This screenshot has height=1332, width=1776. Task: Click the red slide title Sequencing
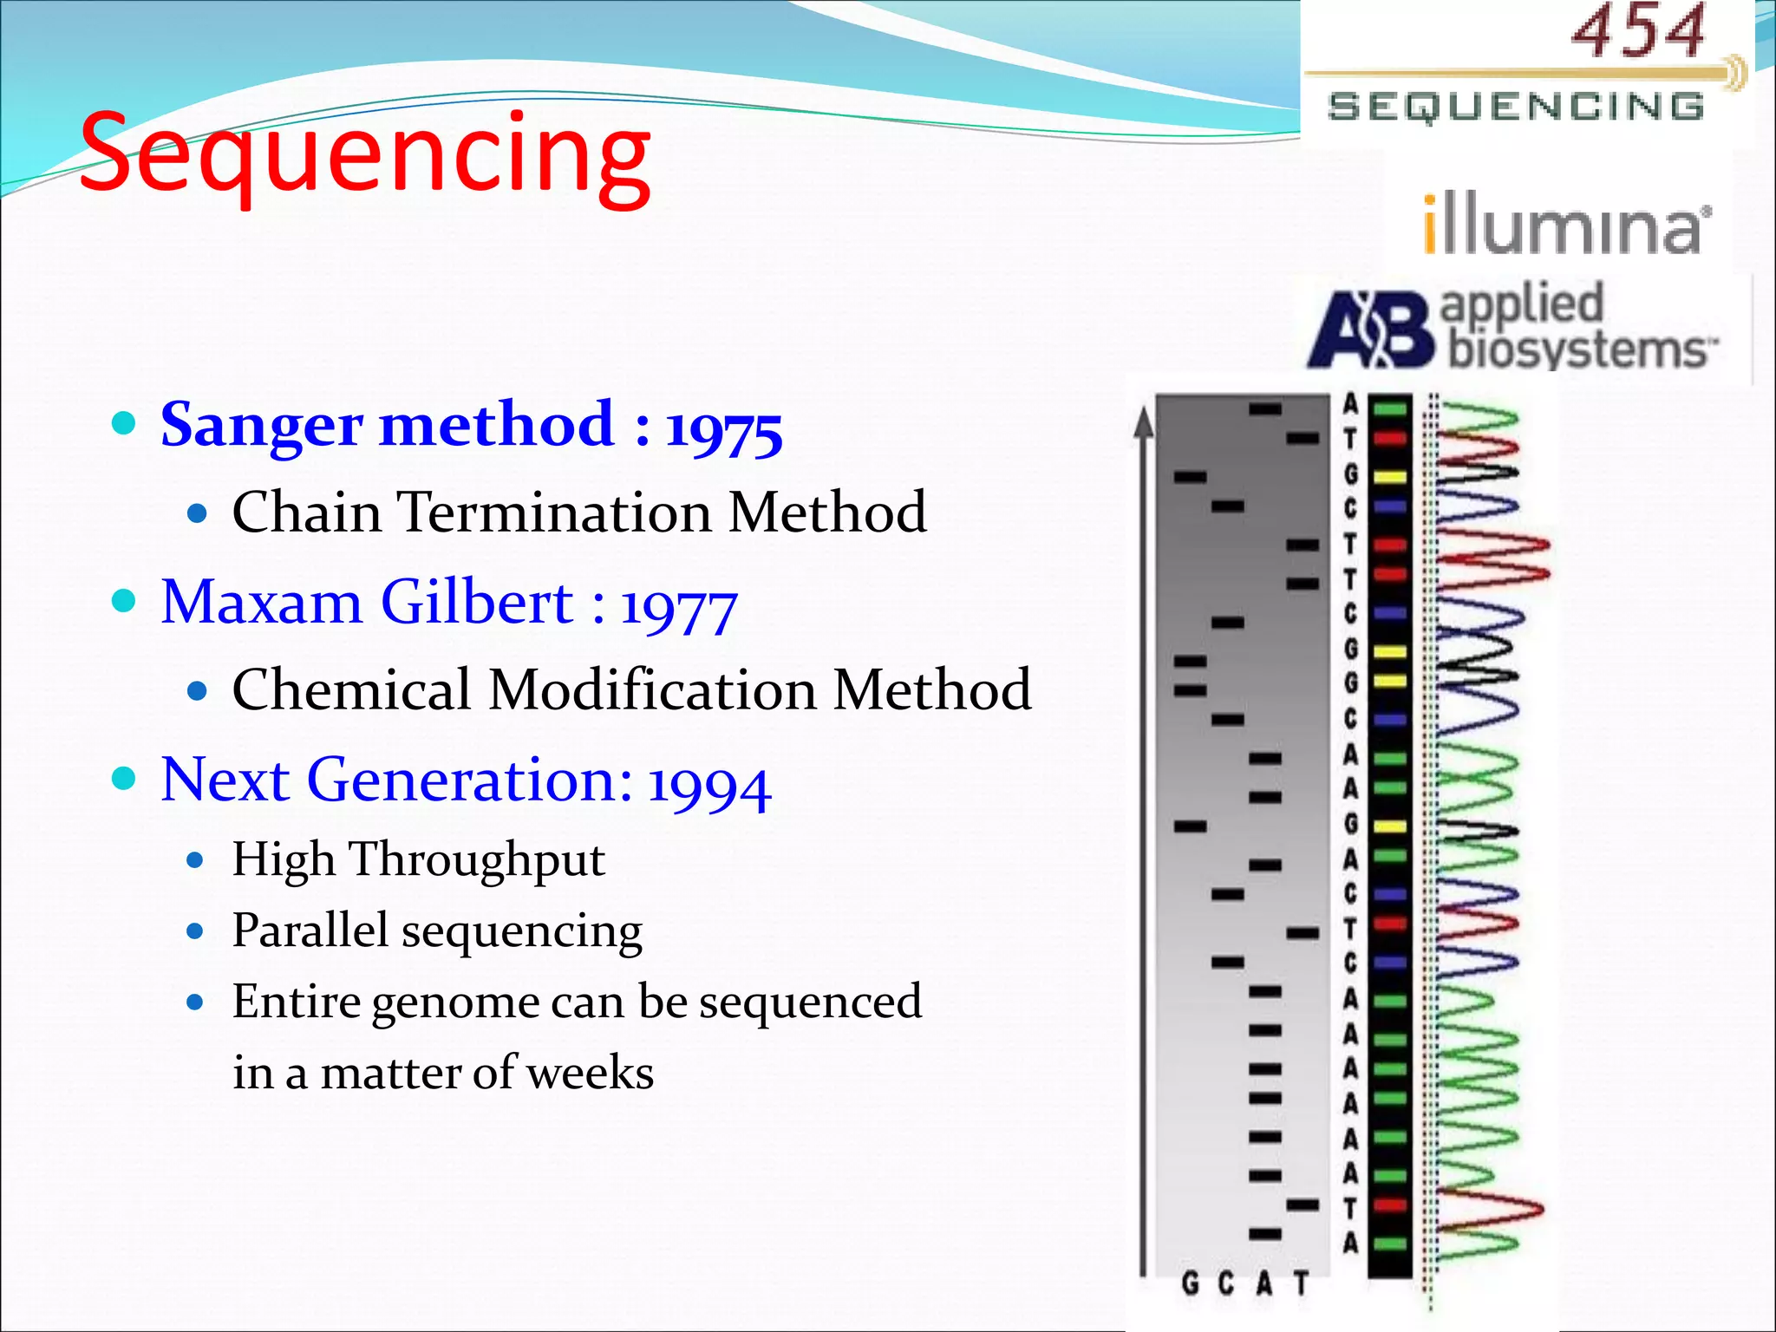pos(364,154)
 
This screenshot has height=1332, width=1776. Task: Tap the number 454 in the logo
pos(1637,33)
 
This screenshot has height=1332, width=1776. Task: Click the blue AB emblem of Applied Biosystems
pos(1370,330)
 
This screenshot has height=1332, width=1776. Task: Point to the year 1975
pos(723,428)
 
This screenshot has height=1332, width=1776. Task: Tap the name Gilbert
pos(477,602)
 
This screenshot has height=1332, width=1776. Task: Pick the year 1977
pos(678,607)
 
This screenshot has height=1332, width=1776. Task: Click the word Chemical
pos(351,690)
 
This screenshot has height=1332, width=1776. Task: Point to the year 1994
pos(708,784)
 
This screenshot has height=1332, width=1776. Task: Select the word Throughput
pos(477,860)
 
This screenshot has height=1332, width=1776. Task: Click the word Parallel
pos(310,930)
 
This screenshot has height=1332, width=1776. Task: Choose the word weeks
pos(590,1073)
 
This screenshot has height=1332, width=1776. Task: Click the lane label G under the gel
pos(1190,1283)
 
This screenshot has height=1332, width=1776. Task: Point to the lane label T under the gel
pos(1301,1283)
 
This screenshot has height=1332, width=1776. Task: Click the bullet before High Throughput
pos(196,860)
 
